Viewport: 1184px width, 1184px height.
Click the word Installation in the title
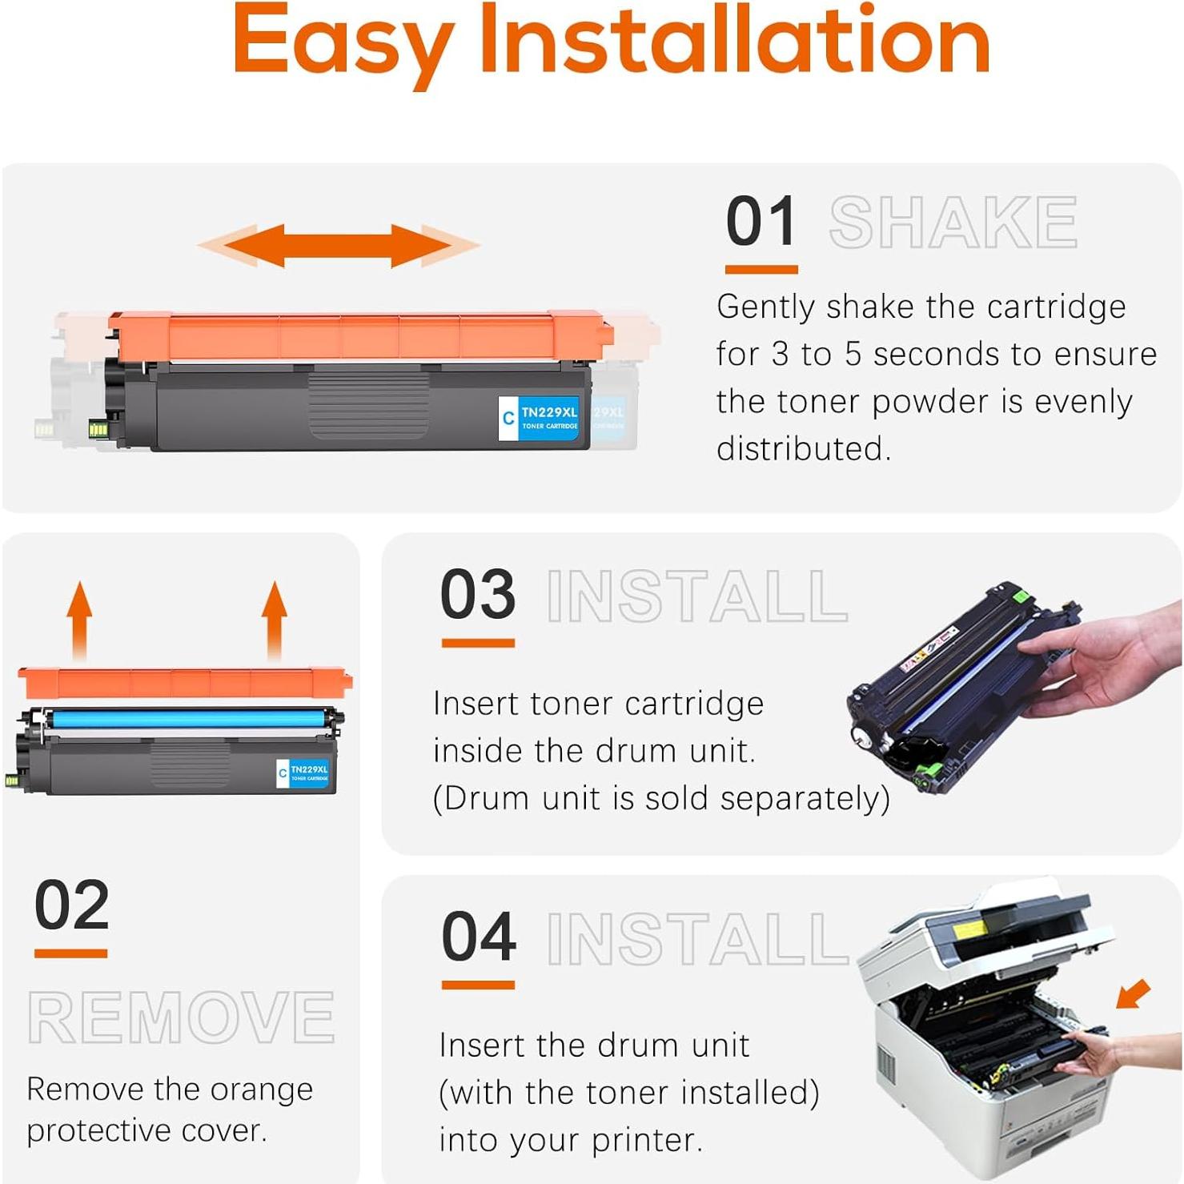(734, 40)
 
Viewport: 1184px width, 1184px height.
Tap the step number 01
(761, 222)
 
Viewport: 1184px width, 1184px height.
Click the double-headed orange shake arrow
(338, 245)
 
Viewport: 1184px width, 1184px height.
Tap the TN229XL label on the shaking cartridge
(548, 417)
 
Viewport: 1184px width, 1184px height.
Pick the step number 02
(71, 905)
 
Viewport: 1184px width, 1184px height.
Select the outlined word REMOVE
(181, 1017)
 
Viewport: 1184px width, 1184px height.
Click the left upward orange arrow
(78, 620)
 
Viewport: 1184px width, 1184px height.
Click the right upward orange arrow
(275, 620)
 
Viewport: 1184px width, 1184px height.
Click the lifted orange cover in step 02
(184, 683)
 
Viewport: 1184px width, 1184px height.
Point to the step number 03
(478, 595)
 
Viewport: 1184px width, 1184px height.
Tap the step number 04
(478, 937)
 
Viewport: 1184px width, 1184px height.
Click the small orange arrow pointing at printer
(1134, 993)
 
